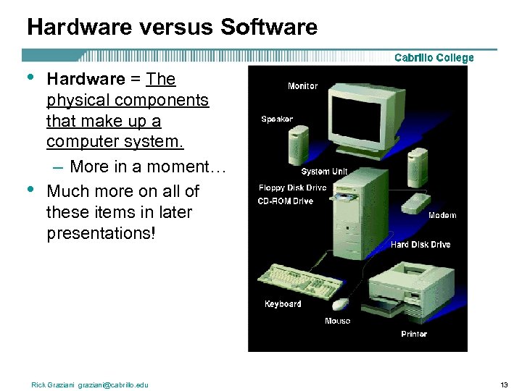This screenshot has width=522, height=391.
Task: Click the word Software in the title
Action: click(x=269, y=28)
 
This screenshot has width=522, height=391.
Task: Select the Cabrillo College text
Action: click(x=434, y=58)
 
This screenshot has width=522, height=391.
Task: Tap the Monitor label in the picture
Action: click(x=302, y=86)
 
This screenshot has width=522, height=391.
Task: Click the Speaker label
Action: click(x=277, y=119)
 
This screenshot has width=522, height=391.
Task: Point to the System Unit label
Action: click(x=324, y=172)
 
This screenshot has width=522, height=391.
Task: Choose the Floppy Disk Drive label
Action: click(x=292, y=188)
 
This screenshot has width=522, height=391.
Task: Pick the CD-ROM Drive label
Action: click(x=286, y=201)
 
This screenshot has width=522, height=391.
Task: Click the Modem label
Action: click(x=442, y=215)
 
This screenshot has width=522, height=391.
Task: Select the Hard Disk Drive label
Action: click(x=420, y=245)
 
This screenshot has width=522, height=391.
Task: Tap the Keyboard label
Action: click(x=283, y=304)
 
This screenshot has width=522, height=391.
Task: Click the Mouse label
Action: click(x=337, y=321)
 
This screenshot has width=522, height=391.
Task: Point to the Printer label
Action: click(x=414, y=334)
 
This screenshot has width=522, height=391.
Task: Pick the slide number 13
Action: click(x=505, y=384)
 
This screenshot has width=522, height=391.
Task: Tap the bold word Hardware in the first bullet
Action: click(x=86, y=79)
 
